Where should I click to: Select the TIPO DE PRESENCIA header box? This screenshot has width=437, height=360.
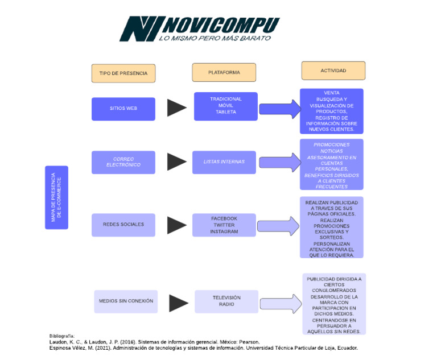coord(123,73)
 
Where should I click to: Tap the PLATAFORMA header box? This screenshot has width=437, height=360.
coord(224,73)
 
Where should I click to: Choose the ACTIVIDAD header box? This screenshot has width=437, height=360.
coord(333,71)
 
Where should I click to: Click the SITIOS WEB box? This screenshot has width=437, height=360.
coord(123,109)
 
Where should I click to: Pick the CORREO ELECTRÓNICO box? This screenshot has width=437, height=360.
coord(123,162)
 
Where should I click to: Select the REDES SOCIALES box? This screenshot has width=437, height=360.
coord(123,225)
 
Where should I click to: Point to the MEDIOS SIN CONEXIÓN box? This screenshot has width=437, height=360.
coord(126,301)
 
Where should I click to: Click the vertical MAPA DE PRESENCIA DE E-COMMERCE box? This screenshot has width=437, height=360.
coord(56,197)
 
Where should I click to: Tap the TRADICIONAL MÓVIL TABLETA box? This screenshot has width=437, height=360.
coord(225,106)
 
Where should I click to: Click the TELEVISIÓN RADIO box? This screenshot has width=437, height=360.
coord(226,301)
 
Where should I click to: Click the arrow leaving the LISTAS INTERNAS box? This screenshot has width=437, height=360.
coord(279,163)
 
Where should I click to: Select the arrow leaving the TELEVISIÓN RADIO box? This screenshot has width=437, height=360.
coord(280,304)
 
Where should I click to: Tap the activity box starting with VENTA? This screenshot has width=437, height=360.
coord(331,111)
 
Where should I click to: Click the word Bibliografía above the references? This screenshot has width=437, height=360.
coord(61,336)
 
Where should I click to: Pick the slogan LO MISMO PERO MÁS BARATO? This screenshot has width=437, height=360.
coord(215,38)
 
